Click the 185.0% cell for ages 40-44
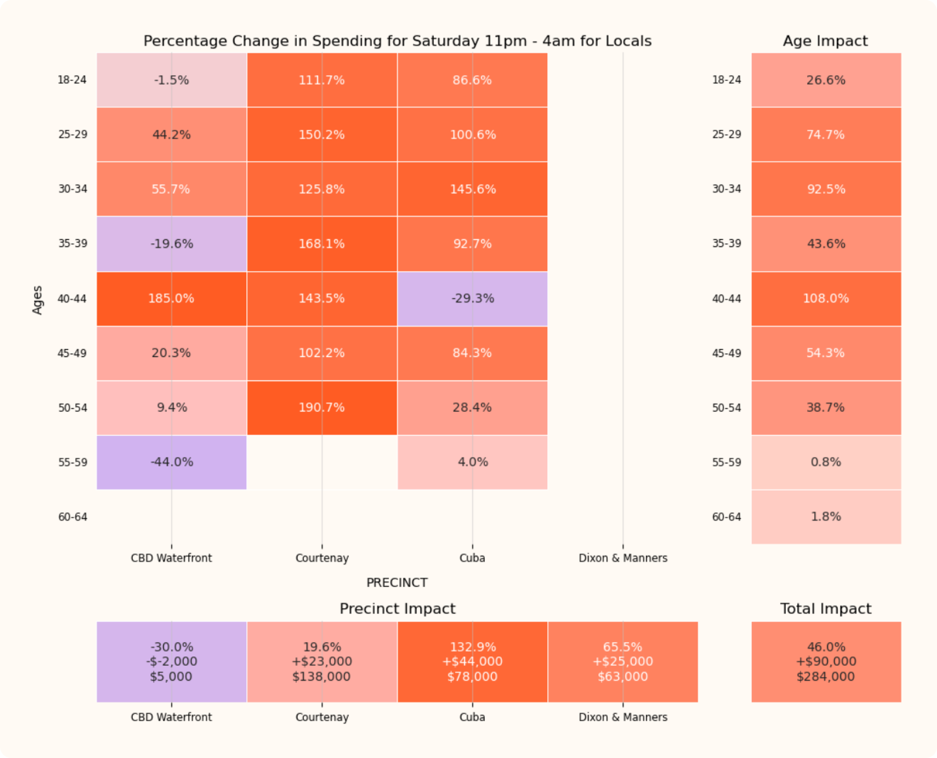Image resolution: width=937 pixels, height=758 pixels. click(x=171, y=299)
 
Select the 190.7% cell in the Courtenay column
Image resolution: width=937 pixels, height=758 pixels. click(x=322, y=407)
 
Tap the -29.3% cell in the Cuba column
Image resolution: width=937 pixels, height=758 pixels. click(x=472, y=299)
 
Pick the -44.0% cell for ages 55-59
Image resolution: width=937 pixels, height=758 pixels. click(x=171, y=462)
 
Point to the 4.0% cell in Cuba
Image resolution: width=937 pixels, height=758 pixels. click(x=472, y=462)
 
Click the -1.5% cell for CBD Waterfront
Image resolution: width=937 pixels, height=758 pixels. click(x=171, y=80)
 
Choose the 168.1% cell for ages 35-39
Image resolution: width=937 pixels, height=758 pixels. click(x=322, y=244)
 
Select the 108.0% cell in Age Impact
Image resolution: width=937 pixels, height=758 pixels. click(x=826, y=299)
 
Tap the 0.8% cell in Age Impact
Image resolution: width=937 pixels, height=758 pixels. click(x=826, y=462)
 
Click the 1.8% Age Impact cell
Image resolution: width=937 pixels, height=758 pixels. click(x=826, y=517)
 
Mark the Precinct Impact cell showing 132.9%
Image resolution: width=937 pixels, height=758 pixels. click(x=472, y=661)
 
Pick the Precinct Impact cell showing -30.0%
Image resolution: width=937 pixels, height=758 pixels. click(x=171, y=661)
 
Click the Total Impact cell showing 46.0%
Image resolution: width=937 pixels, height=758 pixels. click(x=826, y=661)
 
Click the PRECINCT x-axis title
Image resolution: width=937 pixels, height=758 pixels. click(x=397, y=582)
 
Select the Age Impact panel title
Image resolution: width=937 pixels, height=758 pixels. click(x=825, y=41)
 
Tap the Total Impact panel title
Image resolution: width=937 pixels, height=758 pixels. click(x=825, y=609)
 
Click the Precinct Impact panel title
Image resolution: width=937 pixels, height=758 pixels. click(x=397, y=609)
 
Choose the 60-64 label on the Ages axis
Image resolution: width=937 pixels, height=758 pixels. click(x=72, y=517)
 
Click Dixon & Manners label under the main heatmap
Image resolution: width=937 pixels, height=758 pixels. click(x=623, y=558)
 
